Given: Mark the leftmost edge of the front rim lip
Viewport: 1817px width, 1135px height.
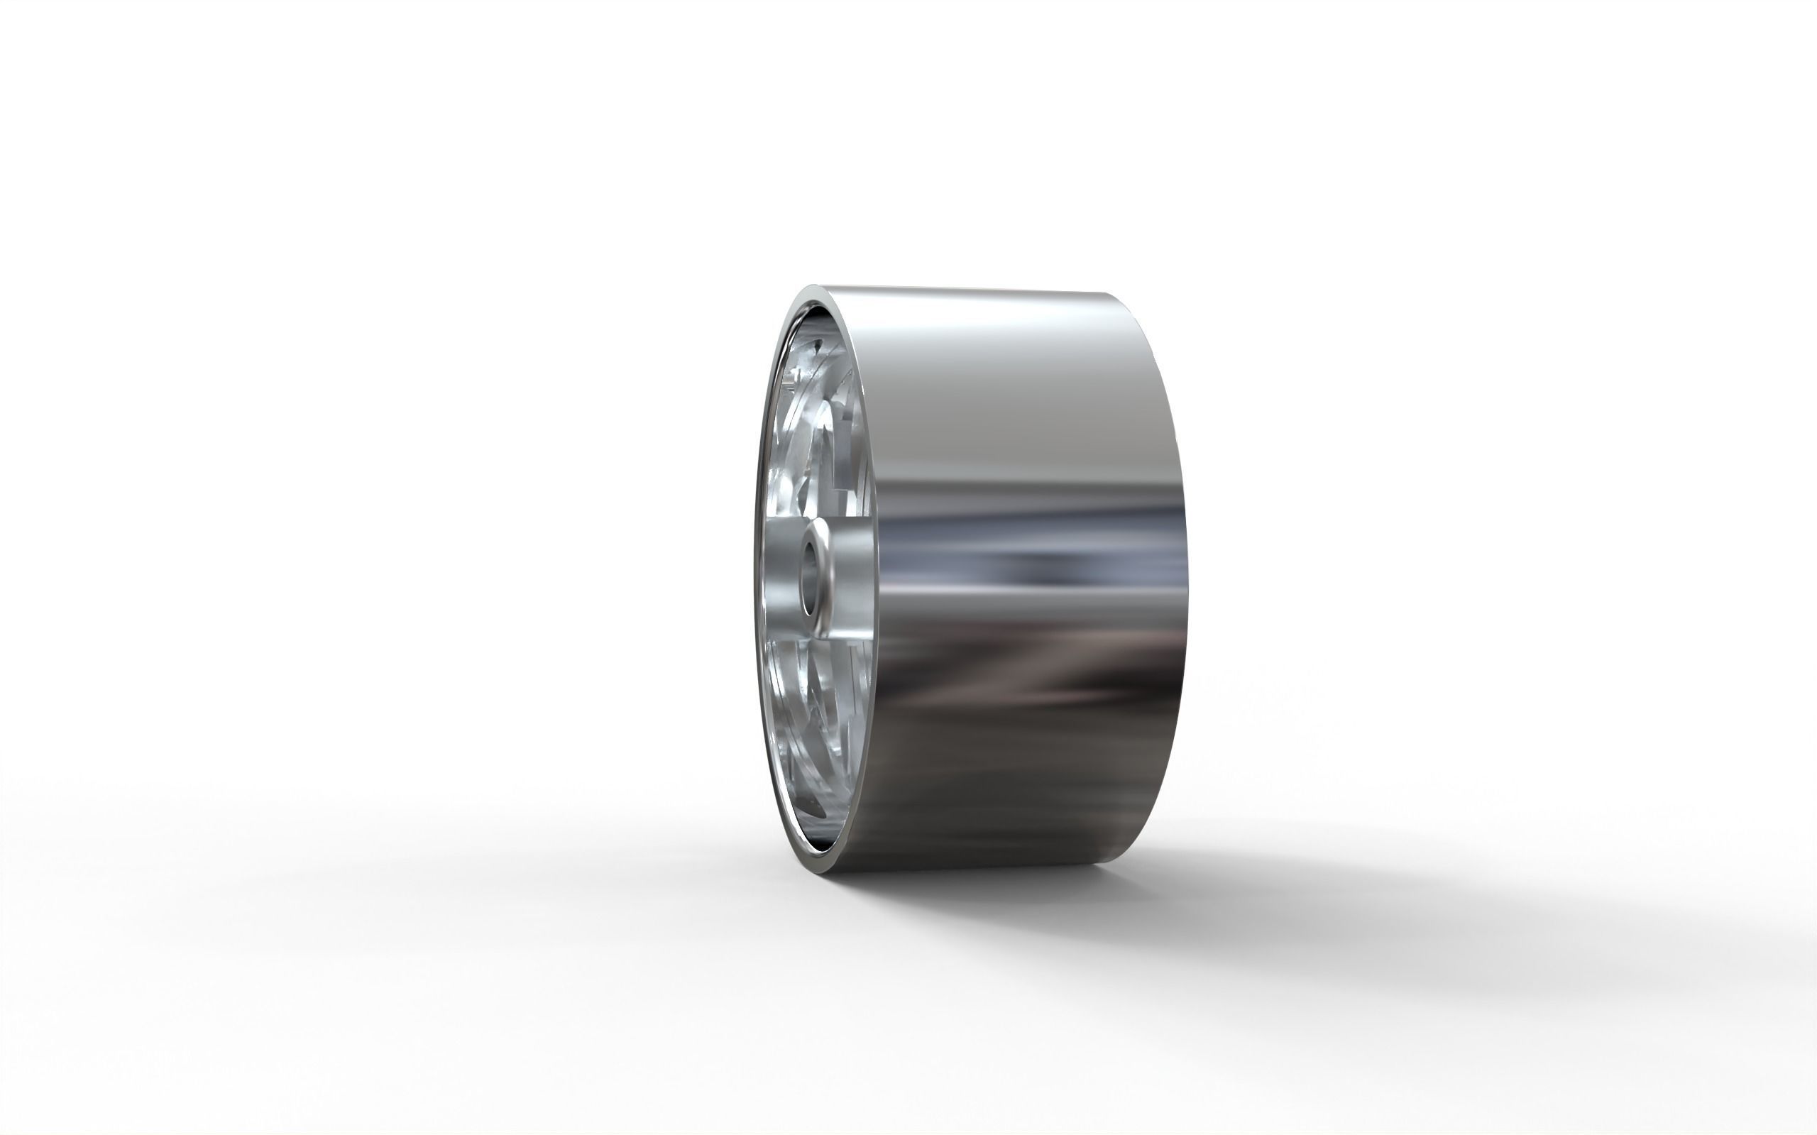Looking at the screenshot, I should click(754, 578).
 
